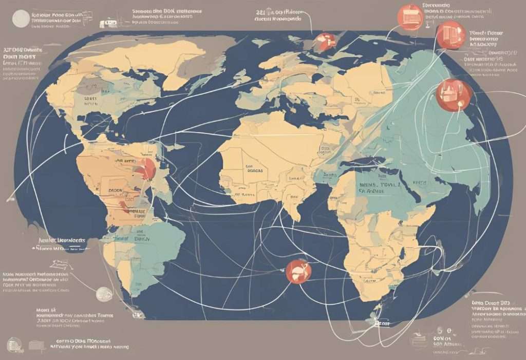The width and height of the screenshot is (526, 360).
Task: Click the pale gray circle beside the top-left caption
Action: [x=21, y=19]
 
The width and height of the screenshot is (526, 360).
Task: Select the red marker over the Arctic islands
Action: [x=325, y=41]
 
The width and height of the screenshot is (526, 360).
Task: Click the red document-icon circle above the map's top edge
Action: [x=410, y=17]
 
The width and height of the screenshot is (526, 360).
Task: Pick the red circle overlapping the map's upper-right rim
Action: [x=450, y=36]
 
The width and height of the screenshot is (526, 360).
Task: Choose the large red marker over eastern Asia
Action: [x=454, y=95]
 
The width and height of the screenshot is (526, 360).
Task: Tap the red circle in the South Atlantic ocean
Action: [x=298, y=271]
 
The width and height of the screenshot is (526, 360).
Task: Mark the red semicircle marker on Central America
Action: [x=147, y=168]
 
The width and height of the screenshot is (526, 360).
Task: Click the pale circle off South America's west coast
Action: [x=104, y=294]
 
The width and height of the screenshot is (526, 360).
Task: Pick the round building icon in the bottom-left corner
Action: [x=14, y=343]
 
